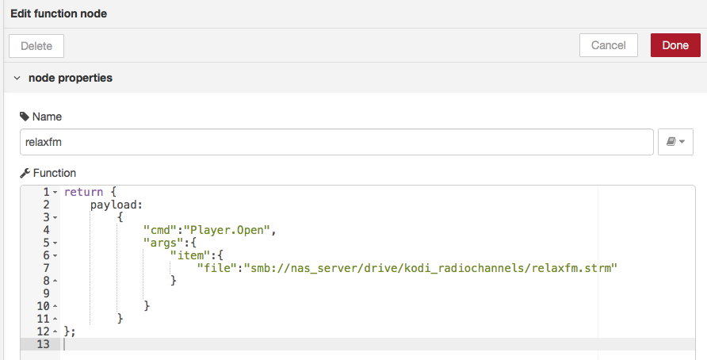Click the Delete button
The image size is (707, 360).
[x=36, y=45]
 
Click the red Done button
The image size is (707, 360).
[x=675, y=45]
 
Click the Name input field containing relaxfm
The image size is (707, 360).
[x=337, y=142]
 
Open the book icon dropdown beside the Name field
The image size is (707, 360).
[x=675, y=142]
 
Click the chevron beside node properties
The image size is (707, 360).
[x=17, y=79]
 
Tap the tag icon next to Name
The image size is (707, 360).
[x=24, y=117]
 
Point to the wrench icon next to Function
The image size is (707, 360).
[x=24, y=173]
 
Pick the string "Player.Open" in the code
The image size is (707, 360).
[x=228, y=230]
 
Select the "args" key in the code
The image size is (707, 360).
[x=162, y=243]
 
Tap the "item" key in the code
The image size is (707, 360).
[x=189, y=255]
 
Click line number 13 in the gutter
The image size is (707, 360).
[x=43, y=344]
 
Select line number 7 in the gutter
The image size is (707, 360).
[x=46, y=268]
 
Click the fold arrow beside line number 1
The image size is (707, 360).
[x=55, y=193]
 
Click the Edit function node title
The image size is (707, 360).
[x=59, y=13]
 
